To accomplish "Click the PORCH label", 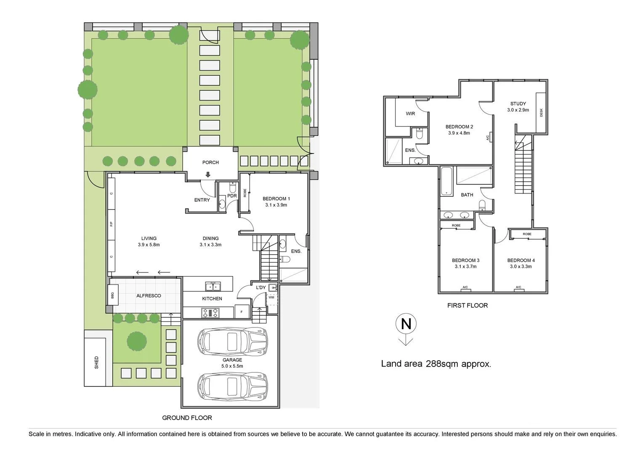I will [x=210, y=162].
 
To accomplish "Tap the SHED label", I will [x=96, y=362].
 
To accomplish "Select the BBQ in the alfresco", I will [x=112, y=296].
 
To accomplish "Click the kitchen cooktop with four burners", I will [x=210, y=312].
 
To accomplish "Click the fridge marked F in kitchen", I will [x=242, y=312].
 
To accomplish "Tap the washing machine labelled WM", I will [x=271, y=298].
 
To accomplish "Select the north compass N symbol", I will [x=406, y=324].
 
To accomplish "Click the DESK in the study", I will [x=541, y=112].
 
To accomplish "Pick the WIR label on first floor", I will [x=410, y=113].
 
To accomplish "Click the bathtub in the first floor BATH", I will [x=446, y=182].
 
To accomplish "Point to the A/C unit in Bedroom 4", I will [x=518, y=288].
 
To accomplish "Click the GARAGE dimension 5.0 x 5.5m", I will [x=232, y=366].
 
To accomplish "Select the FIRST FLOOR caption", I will [x=467, y=306].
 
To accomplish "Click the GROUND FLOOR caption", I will [x=187, y=418].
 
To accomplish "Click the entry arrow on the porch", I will [x=208, y=175].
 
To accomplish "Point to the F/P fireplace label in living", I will [x=112, y=224].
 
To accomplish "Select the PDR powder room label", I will [x=231, y=196].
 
